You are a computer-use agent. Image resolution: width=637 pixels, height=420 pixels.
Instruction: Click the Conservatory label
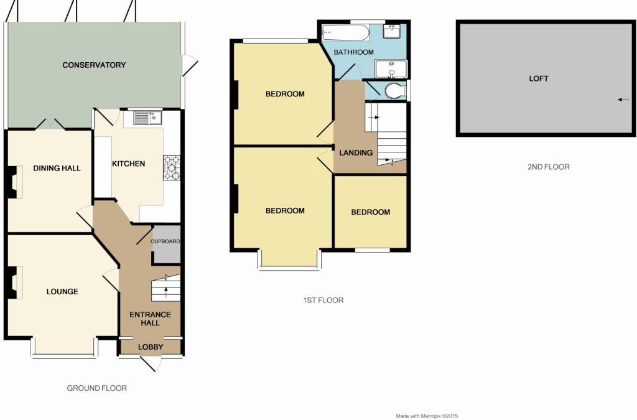pos(94,65)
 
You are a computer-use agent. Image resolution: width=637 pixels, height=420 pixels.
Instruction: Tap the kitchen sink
pos(147,118)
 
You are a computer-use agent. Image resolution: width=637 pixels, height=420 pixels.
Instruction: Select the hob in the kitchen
pos(172,167)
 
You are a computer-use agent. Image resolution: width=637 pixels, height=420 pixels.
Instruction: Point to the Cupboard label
pos(165,241)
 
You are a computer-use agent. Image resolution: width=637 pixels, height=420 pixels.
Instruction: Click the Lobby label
pos(151,347)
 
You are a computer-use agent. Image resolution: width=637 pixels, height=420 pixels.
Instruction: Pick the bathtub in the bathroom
pos(346,32)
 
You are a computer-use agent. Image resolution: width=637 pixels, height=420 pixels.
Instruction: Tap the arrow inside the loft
pos(623,100)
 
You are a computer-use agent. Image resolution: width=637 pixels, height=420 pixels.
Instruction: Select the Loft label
pos(538,79)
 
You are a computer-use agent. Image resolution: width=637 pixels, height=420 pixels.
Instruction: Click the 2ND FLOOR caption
pos(549,167)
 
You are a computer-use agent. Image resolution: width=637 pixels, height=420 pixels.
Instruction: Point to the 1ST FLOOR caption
pos(323,300)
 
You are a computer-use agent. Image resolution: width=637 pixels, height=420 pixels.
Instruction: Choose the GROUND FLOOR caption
pos(96,388)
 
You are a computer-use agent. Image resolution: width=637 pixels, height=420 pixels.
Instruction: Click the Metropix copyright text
pos(427,416)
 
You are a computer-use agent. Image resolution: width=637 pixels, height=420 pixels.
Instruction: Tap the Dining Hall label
pos(57,168)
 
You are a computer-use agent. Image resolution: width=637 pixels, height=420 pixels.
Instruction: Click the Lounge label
pos(62,292)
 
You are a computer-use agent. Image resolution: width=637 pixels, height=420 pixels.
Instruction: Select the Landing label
pos(356,152)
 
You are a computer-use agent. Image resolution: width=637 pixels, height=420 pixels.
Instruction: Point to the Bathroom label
pos(353,52)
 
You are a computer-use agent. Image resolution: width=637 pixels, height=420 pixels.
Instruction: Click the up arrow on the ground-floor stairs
pos(165,292)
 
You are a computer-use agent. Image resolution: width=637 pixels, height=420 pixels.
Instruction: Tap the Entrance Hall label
pos(150,319)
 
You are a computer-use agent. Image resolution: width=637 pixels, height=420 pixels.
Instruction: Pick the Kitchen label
pos(128,164)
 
